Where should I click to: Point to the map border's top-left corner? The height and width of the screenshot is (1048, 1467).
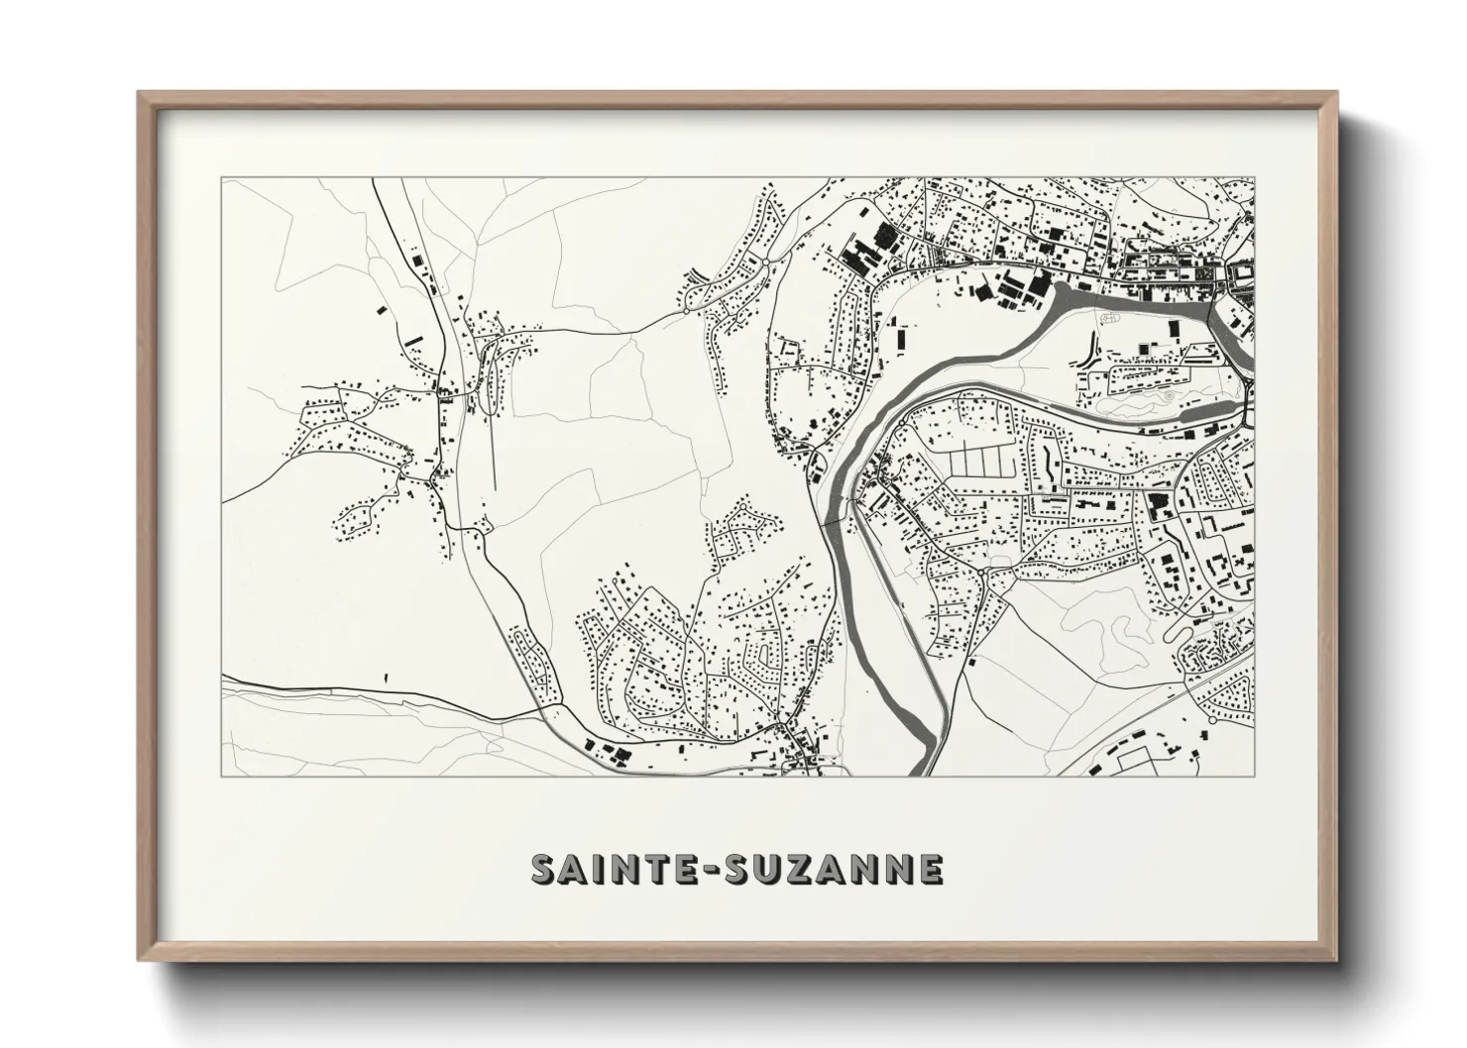(222, 179)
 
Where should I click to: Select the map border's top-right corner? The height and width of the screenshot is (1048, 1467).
(1255, 179)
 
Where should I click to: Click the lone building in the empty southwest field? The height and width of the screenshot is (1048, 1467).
(386, 679)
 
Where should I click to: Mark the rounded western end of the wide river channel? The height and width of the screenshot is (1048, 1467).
(1057, 287)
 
